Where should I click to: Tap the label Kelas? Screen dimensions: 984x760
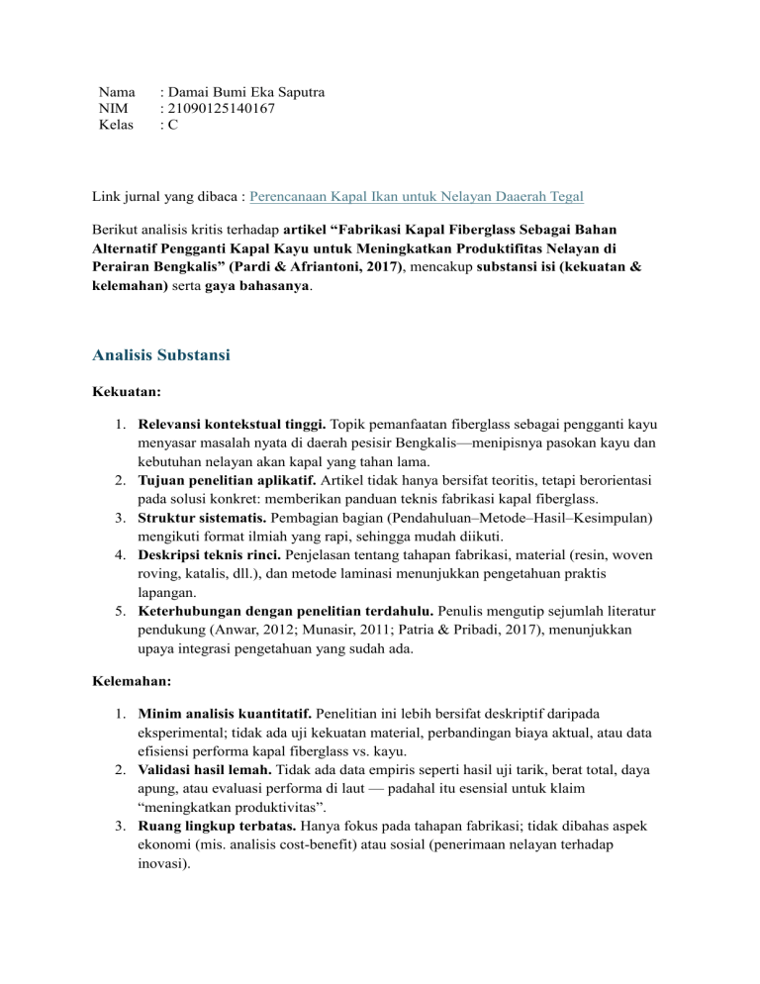117,127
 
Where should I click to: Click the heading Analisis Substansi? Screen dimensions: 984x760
162,353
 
